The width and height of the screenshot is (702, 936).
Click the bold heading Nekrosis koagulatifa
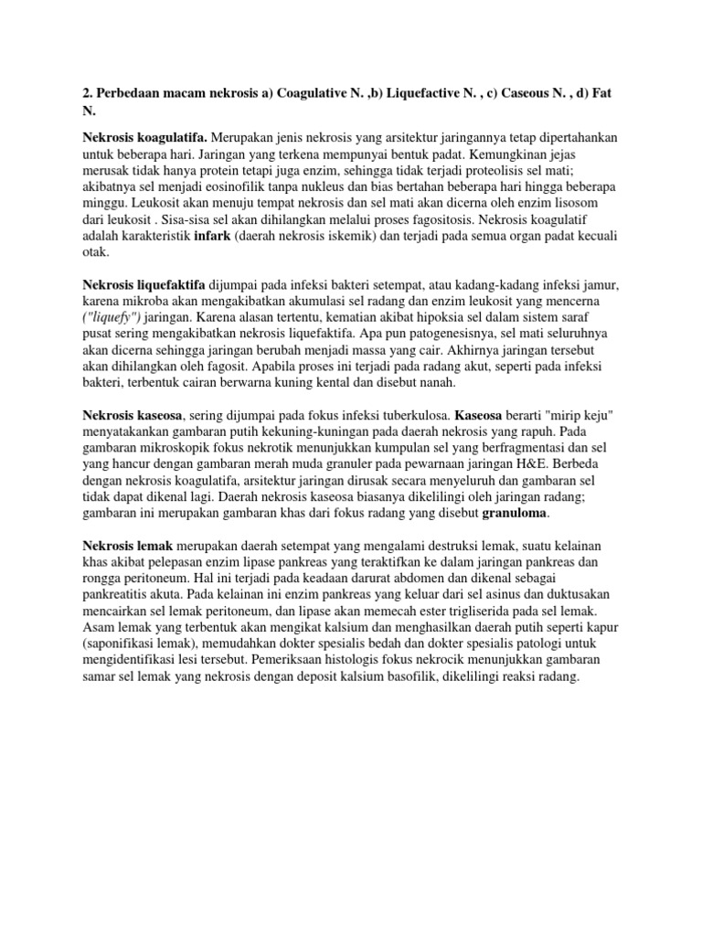click(138, 137)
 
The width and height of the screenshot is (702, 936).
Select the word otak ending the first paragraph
click(97, 252)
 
